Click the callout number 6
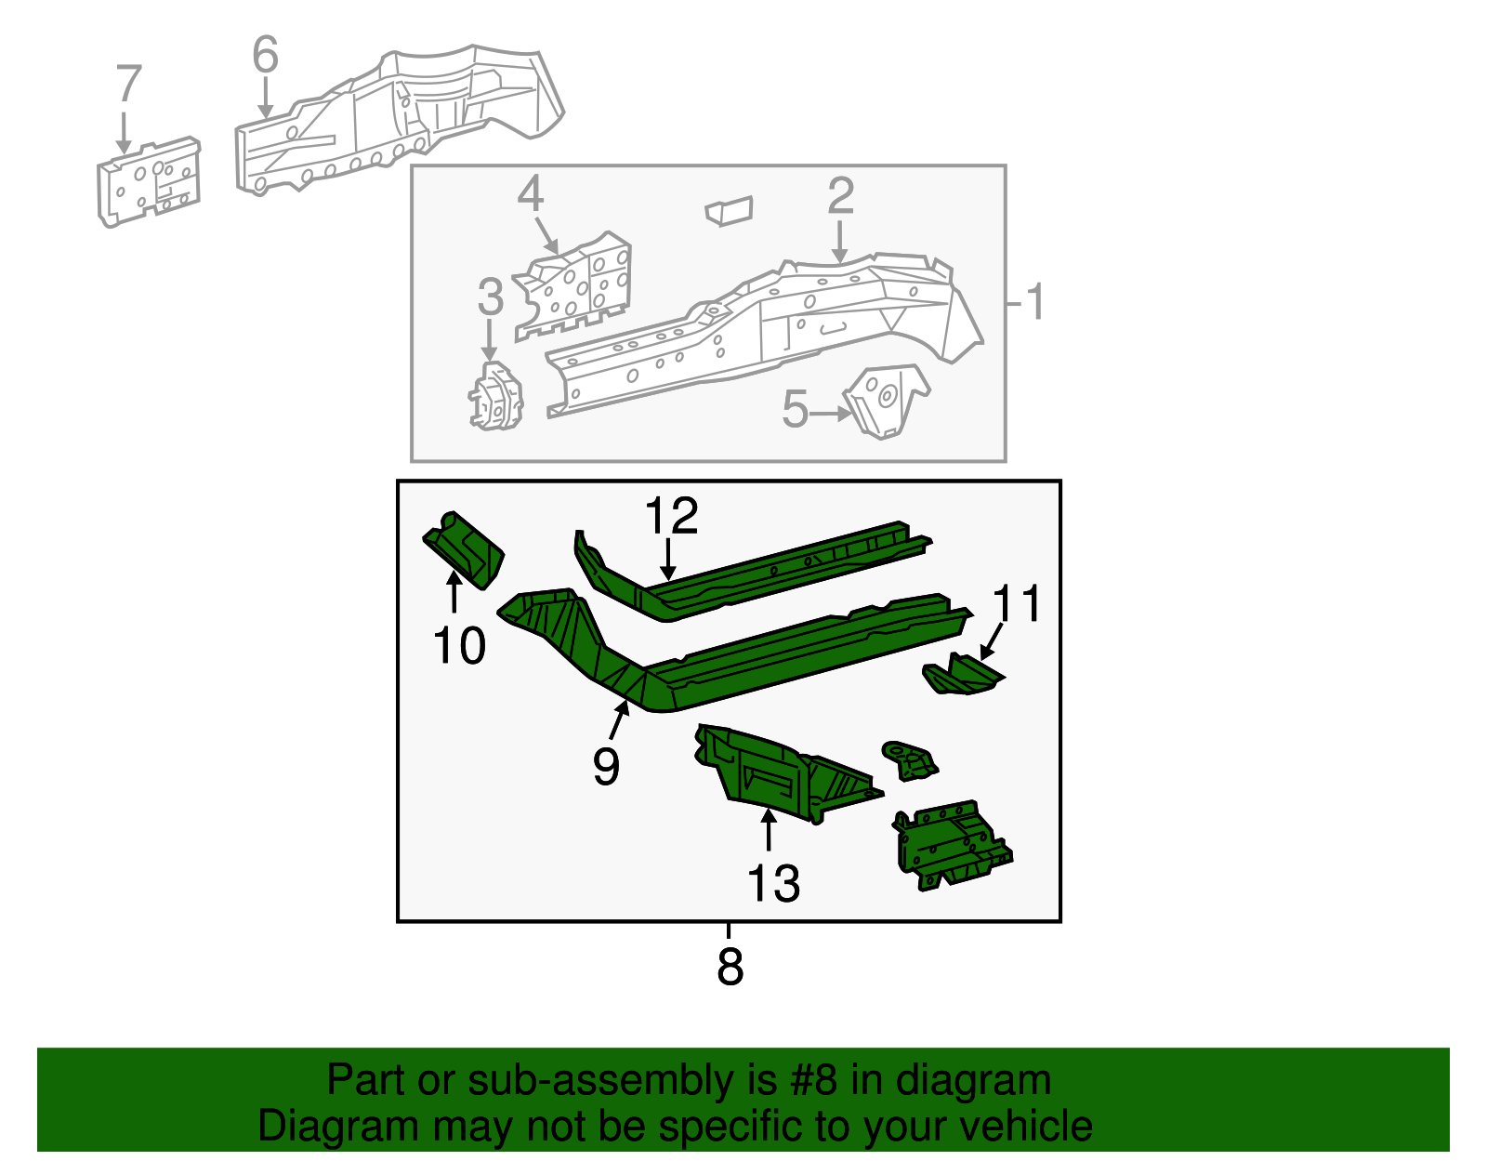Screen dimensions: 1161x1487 [265, 55]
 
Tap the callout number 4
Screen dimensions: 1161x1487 [530, 194]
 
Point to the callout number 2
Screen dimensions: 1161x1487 [840, 195]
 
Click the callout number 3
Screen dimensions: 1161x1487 [490, 297]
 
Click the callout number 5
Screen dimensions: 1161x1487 [795, 410]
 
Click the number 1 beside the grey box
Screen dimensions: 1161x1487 [1034, 303]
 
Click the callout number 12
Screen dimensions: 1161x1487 [671, 516]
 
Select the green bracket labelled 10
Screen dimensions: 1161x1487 [465, 549]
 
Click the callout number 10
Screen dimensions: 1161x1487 [459, 645]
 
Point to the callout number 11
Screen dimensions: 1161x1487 [1017, 604]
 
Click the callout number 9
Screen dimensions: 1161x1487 [606, 767]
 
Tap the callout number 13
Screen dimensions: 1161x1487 [772, 883]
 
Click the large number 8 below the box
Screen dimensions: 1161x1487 [730, 967]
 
